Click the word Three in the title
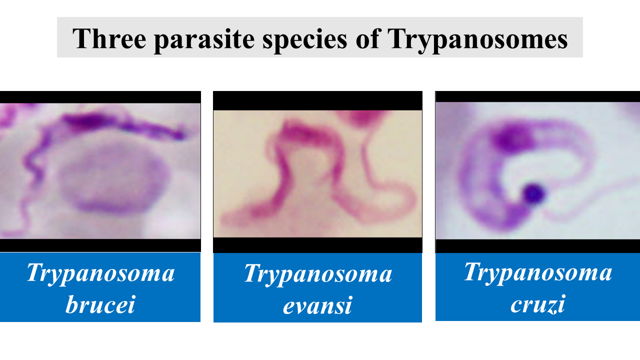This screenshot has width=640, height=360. [x=109, y=38]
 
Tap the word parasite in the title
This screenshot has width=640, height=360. [x=204, y=40]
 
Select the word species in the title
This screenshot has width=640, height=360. [x=305, y=40]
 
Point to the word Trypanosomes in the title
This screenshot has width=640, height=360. [x=477, y=40]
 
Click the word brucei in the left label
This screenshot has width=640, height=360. [x=100, y=304]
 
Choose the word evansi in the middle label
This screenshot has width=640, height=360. [x=317, y=305]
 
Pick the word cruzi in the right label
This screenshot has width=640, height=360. [x=537, y=304]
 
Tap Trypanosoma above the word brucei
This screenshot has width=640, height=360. [x=100, y=273]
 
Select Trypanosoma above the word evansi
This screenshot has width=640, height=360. [x=318, y=274]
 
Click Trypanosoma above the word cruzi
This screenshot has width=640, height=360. [x=538, y=273]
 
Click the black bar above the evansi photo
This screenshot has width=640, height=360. [x=317, y=101]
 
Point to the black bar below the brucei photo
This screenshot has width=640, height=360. [x=100, y=245]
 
